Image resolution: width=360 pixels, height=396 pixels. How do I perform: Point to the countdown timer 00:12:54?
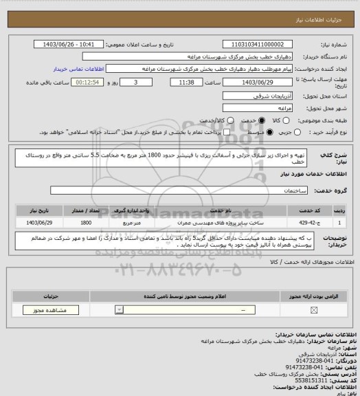[71, 82]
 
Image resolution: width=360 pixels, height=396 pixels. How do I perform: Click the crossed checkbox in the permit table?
[315, 310]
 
